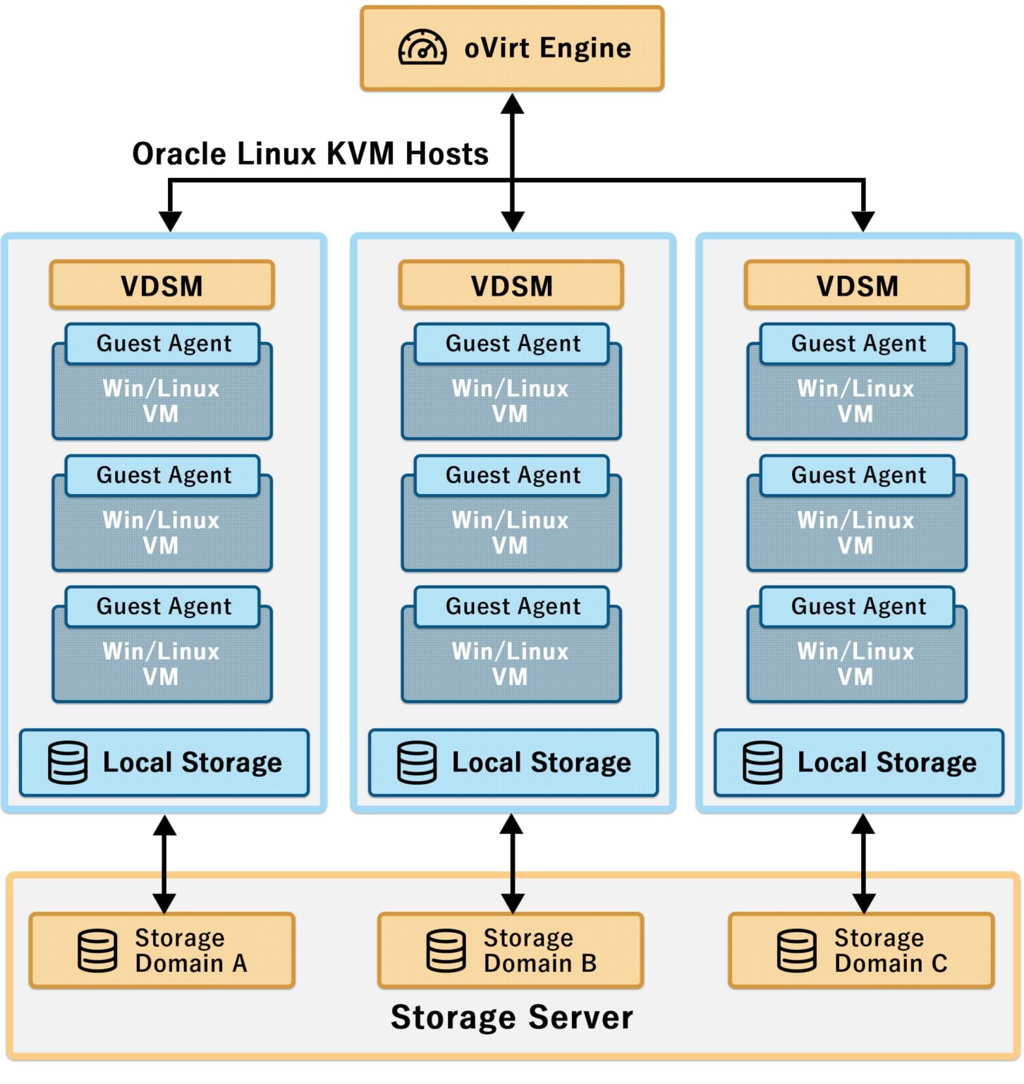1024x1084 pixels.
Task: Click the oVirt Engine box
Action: [x=512, y=48]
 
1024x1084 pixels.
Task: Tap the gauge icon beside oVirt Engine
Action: [x=422, y=47]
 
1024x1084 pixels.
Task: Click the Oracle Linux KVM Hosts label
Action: [x=310, y=154]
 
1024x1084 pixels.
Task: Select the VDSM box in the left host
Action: [x=161, y=286]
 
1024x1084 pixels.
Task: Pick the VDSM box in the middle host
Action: [x=511, y=286]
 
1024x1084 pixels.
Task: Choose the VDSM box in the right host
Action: [x=857, y=286]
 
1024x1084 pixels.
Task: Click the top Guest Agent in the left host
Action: [x=163, y=344]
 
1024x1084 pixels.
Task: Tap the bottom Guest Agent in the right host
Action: [x=858, y=607]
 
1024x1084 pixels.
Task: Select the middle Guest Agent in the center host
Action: [x=512, y=476]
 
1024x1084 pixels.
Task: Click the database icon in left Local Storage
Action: [x=68, y=763]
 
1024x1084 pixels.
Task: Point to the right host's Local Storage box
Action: [x=858, y=763]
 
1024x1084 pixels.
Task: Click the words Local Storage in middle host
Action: [x=541, y=763]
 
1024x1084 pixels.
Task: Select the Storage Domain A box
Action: [x=161, y=951]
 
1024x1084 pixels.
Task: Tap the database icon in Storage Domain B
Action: [x=446, y=951]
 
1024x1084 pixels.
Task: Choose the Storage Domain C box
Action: [x=861, y=951]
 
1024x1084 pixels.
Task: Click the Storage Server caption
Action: [x=512, y=1018]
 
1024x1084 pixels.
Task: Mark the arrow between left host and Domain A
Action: [x=164, y=864]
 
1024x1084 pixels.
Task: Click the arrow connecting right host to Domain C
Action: [x=863, y=864]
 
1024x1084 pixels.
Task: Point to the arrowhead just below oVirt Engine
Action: [x=512, y=104]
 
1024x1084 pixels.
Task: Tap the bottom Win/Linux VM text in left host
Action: [x=161, y=664]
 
